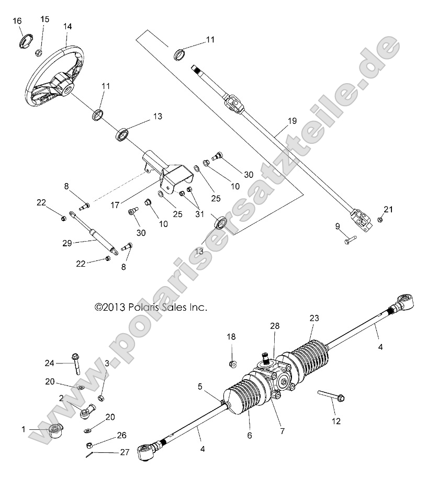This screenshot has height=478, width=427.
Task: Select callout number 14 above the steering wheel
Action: point(67,26)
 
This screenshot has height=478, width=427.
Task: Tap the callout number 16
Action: point(17,21)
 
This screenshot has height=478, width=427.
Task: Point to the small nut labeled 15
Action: point(39,52)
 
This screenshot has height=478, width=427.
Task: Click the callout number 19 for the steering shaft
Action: point(292,121)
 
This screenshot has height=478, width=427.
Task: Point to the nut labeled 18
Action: point(233,363)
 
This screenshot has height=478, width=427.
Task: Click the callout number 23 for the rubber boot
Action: point(313,317)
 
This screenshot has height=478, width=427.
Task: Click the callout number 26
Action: point(121,435)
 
